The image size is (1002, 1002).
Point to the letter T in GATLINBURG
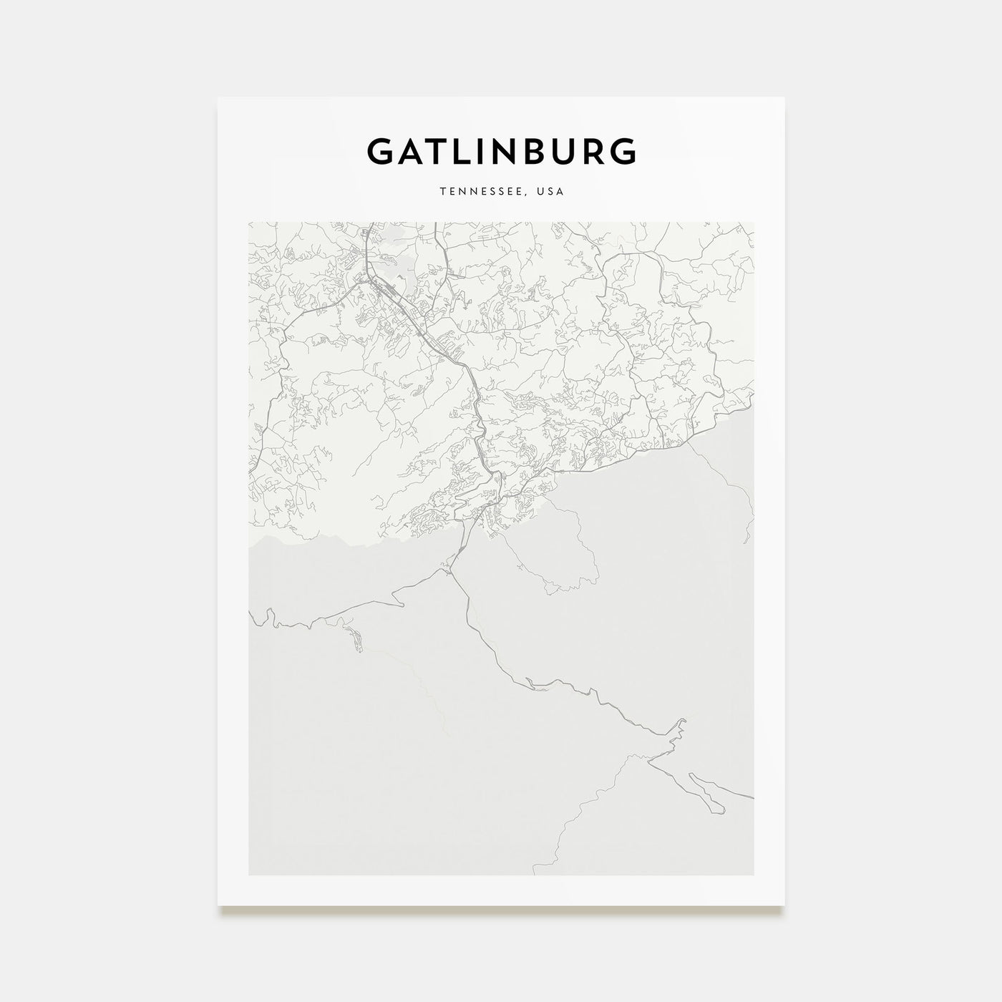pyautogui.click(x=437, y=152)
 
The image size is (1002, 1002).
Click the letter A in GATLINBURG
pyautogui.click(x=410, y=152)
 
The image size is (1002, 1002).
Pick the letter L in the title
pyautogui.click(x=461, y=152)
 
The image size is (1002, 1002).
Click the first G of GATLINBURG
pyautogui.click(x=379, y=152)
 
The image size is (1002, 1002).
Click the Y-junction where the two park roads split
pyautogui.click(x=449, y=571)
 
